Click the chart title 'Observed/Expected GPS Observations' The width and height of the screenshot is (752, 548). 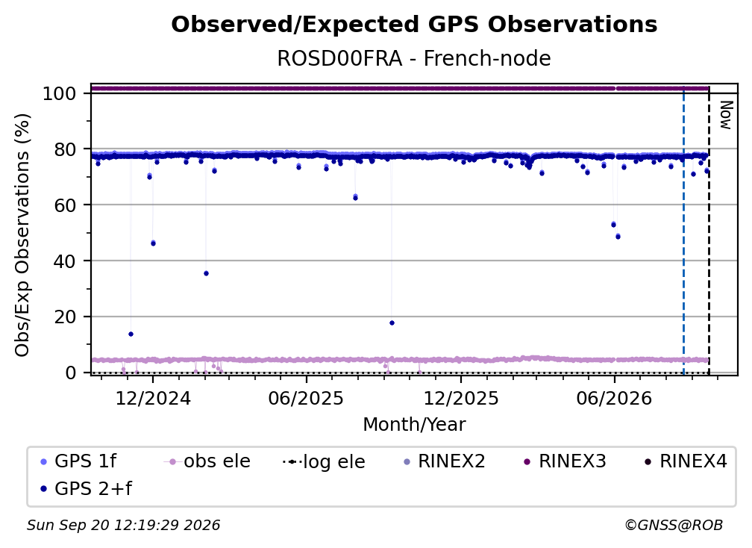[x=414, y=25]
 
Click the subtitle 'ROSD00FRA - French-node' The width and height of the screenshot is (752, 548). [x=414, y=58]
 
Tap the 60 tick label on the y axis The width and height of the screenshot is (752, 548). [x=65, y=205]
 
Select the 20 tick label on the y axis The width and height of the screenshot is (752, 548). [x=65, y=317]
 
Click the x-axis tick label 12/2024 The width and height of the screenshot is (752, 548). [x=153, y=398]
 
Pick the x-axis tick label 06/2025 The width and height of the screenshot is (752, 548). [x=306, y=398]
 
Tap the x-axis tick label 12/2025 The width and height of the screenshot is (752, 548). [x=461, y=398]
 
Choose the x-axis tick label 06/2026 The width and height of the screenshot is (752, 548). [x=615, y=398]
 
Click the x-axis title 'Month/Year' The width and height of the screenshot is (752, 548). [x=414, y=425]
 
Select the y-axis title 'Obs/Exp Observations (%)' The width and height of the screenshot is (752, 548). [x=22, y=235]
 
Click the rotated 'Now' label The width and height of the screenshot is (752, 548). [x=726, y=115]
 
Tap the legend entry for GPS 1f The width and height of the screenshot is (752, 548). [x=78, y=461]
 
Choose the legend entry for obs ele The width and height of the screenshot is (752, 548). [x=207, y=461]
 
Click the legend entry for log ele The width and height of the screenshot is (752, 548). [x=325, y=461]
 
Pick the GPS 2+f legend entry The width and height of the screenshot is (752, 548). [x=87, y=489]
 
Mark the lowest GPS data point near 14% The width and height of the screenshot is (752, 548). [x=131, y=334]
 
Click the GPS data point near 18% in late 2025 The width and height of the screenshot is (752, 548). [x=392, y=323]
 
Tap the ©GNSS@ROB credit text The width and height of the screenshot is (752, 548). [x=674, y=526]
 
